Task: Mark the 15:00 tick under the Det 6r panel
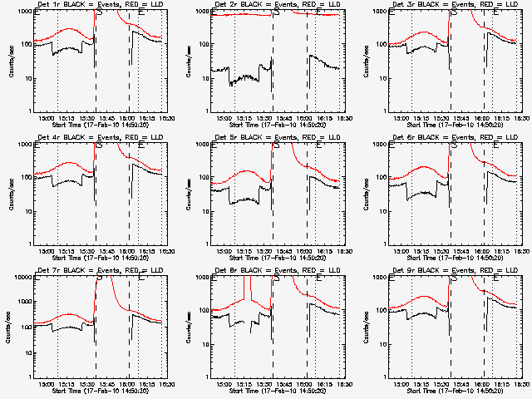point(403,251)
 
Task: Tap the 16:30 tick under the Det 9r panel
point(518,384)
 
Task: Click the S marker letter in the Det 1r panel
point(100,12)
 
